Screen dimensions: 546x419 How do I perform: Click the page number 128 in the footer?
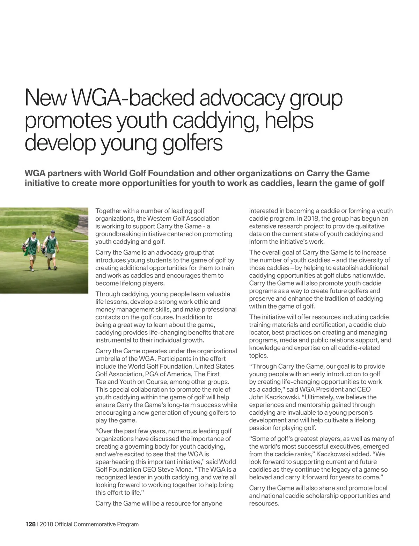30,524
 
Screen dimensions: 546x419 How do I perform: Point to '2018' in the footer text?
47,524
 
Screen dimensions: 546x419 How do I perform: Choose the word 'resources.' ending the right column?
264,503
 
